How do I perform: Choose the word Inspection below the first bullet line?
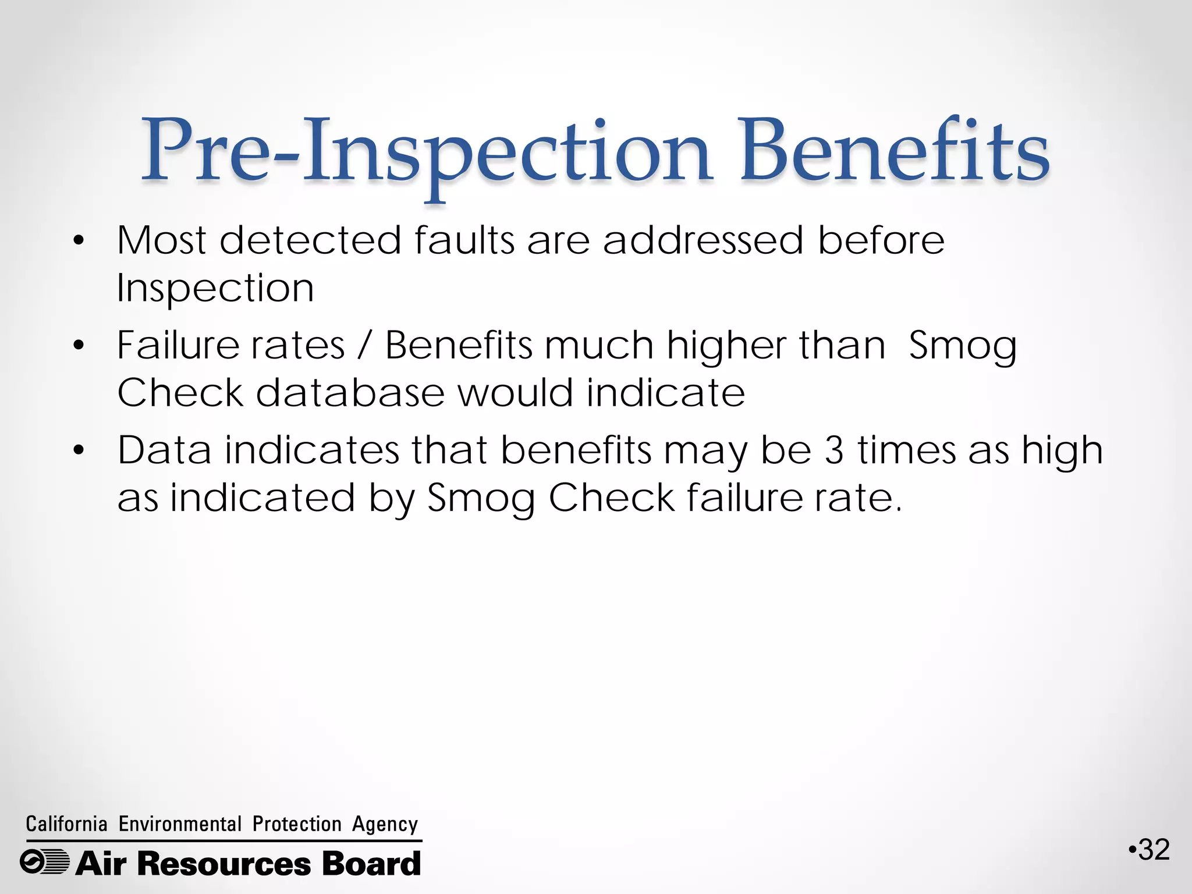[x=215, y=288]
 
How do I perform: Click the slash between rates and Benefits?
[x=365, y=345]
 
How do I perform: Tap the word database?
[x=350, y=393]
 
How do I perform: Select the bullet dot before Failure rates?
[x=79, y=346]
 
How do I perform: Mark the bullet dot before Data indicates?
[x=79, y=451]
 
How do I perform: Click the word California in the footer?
[x=67, y=824]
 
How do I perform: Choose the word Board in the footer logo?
[x=371, y=863]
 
